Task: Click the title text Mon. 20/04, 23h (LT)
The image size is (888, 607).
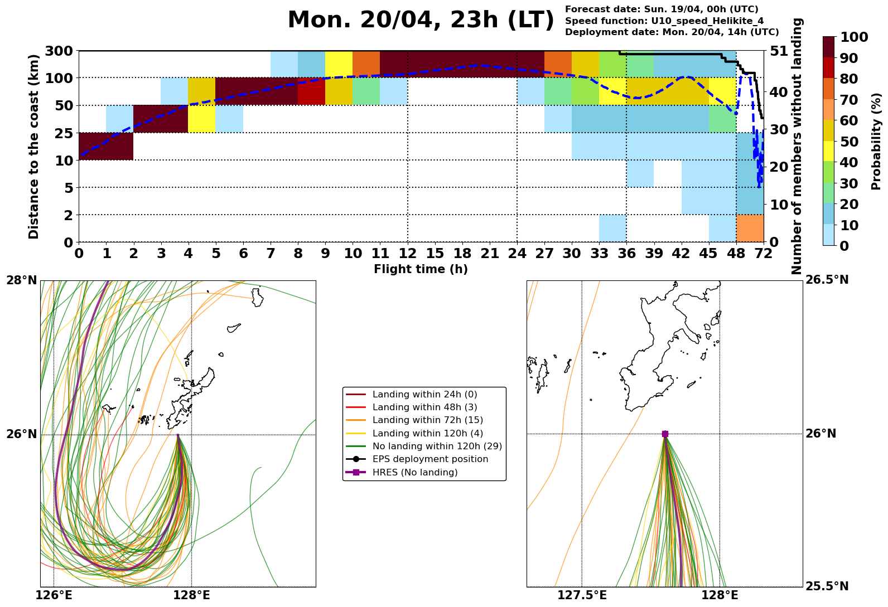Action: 421,21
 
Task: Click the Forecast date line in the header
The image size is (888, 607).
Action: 662,9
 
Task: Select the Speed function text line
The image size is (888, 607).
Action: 664,21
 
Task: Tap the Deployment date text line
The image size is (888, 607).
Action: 672,32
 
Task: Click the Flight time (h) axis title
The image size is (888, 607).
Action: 421,269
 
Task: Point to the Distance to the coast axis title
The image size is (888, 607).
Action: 34,146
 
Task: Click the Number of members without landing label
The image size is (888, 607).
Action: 798,146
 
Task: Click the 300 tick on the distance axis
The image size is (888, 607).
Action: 58,51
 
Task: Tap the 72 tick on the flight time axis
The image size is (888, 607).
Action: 763,254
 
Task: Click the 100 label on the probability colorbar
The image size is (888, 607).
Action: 853,37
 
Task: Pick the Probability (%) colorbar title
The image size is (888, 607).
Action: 876,142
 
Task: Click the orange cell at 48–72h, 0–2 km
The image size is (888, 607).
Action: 750,228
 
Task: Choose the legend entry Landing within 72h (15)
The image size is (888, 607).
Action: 428,420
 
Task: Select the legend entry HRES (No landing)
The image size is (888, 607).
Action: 415,473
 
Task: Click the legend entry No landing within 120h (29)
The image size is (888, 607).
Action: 437,446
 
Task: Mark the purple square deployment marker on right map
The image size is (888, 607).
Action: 665,434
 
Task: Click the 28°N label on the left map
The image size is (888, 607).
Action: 21,280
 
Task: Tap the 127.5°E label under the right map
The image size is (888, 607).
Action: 582,596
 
